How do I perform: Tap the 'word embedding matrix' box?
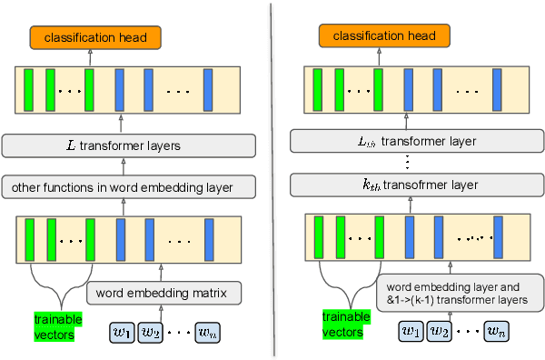[163, 293]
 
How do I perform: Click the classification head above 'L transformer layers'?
[94, 36]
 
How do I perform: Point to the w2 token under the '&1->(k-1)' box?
[441, 332]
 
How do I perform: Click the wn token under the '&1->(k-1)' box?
[496, 332]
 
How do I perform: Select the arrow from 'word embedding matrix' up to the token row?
[161, 271]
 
